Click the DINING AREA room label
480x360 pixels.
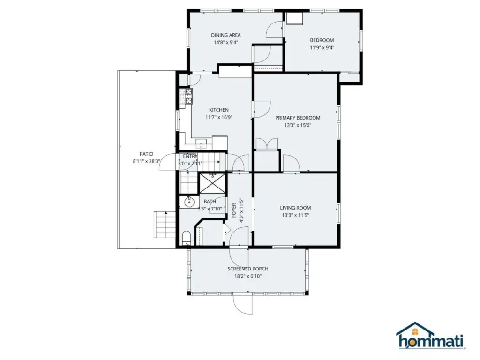(x=226, y=35)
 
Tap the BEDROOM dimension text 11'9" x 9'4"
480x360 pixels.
(x=322, y=47)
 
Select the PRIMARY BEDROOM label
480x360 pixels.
(x=298, y=118)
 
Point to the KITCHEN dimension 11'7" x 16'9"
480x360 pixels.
(x=219, y=117)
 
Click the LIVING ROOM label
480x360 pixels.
(x=295, y=208)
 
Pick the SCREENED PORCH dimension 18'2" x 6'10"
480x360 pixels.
(x=248, y=276)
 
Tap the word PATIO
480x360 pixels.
(x=146, y=154)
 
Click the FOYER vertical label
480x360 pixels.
(x=234, y=210)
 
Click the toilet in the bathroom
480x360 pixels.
(x=186, y=239)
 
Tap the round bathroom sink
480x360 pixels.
(x=189, y=202)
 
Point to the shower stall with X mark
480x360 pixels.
(x=212, y=183)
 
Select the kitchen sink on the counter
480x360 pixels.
(x=202, y=143)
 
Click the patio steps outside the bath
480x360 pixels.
(x=165, y=225)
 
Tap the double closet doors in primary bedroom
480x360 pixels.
(x=267, y=144)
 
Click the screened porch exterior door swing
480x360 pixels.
(x=243, y=303)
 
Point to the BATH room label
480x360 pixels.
(x=210, y=202)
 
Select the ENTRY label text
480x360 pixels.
(x=190, y=156)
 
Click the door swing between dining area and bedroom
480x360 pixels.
(x=274, y=30)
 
